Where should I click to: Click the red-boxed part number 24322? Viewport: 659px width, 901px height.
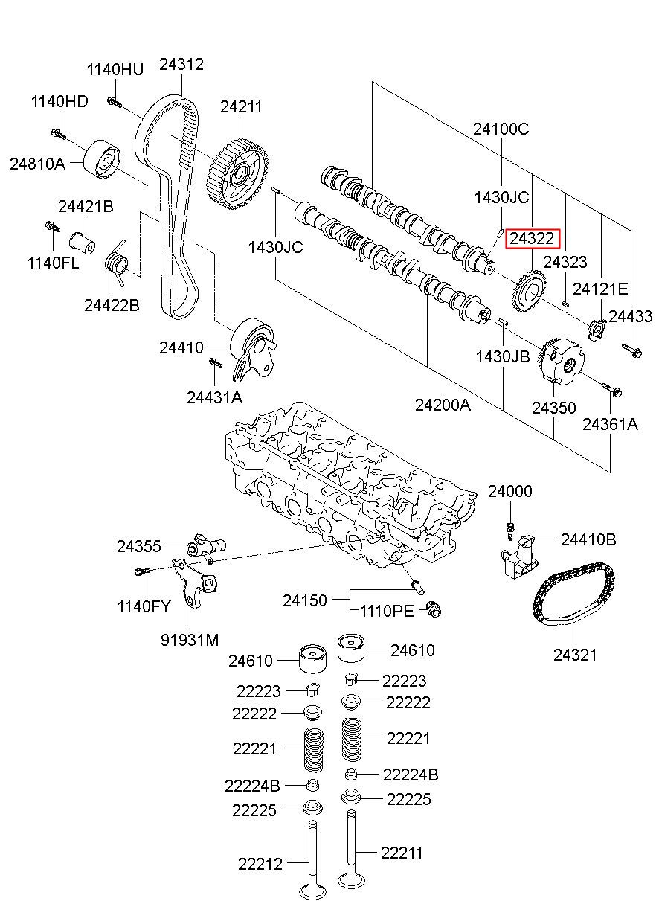[x=532, y=239]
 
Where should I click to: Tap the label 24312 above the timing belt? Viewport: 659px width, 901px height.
[x=181, y=64]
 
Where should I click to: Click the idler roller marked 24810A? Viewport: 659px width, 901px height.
[x=102, y=160]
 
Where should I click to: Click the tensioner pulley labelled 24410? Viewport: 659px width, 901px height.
[x=254, y=349]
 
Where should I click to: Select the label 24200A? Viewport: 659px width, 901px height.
[x=443, y=405]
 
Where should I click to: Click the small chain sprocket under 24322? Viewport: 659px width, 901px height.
[x=529, y=292]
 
